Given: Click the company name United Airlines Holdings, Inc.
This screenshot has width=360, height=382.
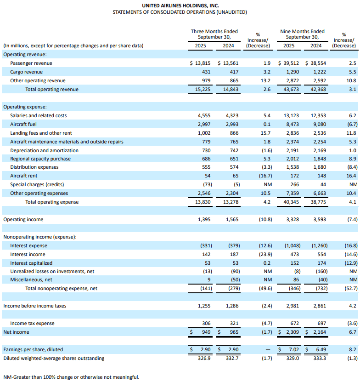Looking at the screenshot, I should point(180,5).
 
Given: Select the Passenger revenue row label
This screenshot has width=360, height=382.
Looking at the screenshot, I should point(31,63).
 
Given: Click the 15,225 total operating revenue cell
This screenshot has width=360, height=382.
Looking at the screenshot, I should point(200,89).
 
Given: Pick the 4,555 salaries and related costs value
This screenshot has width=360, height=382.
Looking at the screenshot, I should point(200,115).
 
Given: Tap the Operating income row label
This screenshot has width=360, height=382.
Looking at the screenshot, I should point(23,219).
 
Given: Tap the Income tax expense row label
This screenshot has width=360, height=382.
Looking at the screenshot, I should point(32,323).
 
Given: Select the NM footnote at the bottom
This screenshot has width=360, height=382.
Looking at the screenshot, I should point(71,377).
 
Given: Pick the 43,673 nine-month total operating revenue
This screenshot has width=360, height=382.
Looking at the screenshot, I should point(286,89).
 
